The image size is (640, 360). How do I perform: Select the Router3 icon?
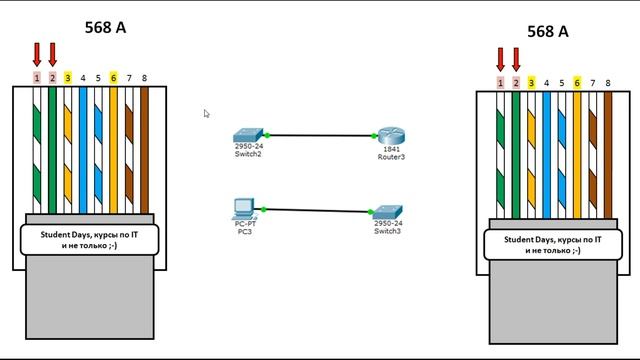pyautogui.click(x=389, y=135)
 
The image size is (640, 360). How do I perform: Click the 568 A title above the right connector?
pyautogui.click(x=547, y=31)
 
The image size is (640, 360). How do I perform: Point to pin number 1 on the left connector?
pyautogui.click(x=37, y=77)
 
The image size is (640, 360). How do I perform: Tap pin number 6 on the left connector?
pyautogui.click(x=114, y=77)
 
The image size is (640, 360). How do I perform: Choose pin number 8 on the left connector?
pyautogui.click(x=144, y=77)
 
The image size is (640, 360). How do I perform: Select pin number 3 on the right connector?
pyautogui.click(x=531, y=82)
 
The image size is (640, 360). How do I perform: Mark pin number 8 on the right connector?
pyautogui.click(x=608, y=82)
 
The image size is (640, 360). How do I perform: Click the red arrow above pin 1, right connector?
pyautogui.click(x=500, y=58)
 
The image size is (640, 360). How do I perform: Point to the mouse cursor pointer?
pyautogui.click(x=207, y=114)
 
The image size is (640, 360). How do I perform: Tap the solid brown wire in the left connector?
pyautogui.click(x=144, y=150)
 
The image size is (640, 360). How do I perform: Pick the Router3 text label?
pyautogui.click(x=389, y=157)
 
